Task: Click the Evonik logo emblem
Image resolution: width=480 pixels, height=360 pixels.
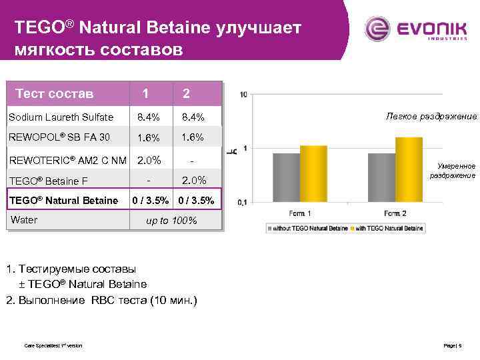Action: point(379,30)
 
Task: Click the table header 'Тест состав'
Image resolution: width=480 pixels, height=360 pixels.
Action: point(55,93)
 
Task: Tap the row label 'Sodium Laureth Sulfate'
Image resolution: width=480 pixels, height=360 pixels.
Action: point(61,117)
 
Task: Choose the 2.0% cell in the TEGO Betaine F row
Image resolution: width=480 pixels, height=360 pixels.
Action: point(191,180)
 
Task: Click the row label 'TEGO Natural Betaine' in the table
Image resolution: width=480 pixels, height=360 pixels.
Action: point(64,201)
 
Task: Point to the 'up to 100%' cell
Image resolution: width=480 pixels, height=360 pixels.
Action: point(171,221)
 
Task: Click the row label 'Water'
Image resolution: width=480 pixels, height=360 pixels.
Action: point(24,220)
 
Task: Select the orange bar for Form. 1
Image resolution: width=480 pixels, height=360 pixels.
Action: point(313,173)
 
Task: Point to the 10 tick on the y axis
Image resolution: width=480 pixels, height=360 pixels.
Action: point(243,94)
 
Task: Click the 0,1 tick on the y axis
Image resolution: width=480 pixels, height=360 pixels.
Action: point(242,201)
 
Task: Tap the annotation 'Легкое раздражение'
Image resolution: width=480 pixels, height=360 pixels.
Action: point(431,117)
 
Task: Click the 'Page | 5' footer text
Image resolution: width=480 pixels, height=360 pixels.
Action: point(456,345)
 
